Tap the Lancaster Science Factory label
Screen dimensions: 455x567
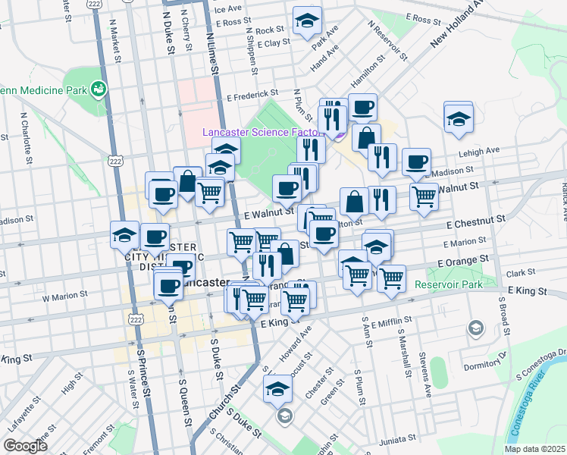(262, 132)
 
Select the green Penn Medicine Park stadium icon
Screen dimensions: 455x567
(98, 90)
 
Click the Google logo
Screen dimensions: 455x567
(26, 446)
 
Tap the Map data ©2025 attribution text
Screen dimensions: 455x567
(534, 449)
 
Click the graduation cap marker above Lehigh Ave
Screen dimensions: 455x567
(459, 118)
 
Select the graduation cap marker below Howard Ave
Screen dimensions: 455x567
(278, 390)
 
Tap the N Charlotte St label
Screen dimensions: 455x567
(27, 138)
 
